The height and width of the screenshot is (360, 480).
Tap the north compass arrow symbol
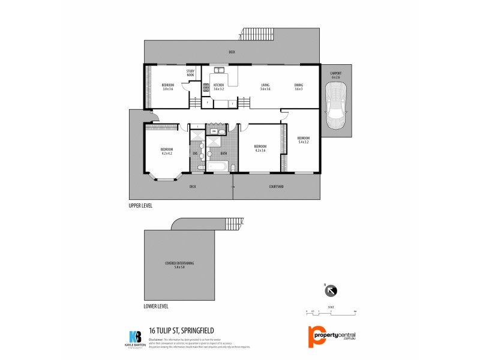coord(331,291)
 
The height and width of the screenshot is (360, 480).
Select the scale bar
coord(331,312)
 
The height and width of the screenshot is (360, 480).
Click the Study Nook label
coord(190,73)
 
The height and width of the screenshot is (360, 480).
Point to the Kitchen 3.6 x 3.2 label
coord(218,87)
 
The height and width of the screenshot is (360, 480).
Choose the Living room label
coord(265,87)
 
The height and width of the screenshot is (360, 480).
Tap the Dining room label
coord(298,87)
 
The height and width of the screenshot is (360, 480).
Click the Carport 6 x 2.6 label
coord(335,76)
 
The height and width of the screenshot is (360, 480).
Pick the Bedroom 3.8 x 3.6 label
coord(167,87)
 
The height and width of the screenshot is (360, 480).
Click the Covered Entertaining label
coord(179,265)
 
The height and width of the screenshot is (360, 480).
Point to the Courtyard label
coord(276,187)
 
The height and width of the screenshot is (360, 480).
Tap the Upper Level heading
coord(140,205)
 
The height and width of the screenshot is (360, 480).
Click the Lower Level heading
coord(156,306)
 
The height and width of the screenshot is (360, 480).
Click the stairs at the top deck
coord(257,32)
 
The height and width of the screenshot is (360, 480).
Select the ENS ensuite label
coord(195,154)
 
